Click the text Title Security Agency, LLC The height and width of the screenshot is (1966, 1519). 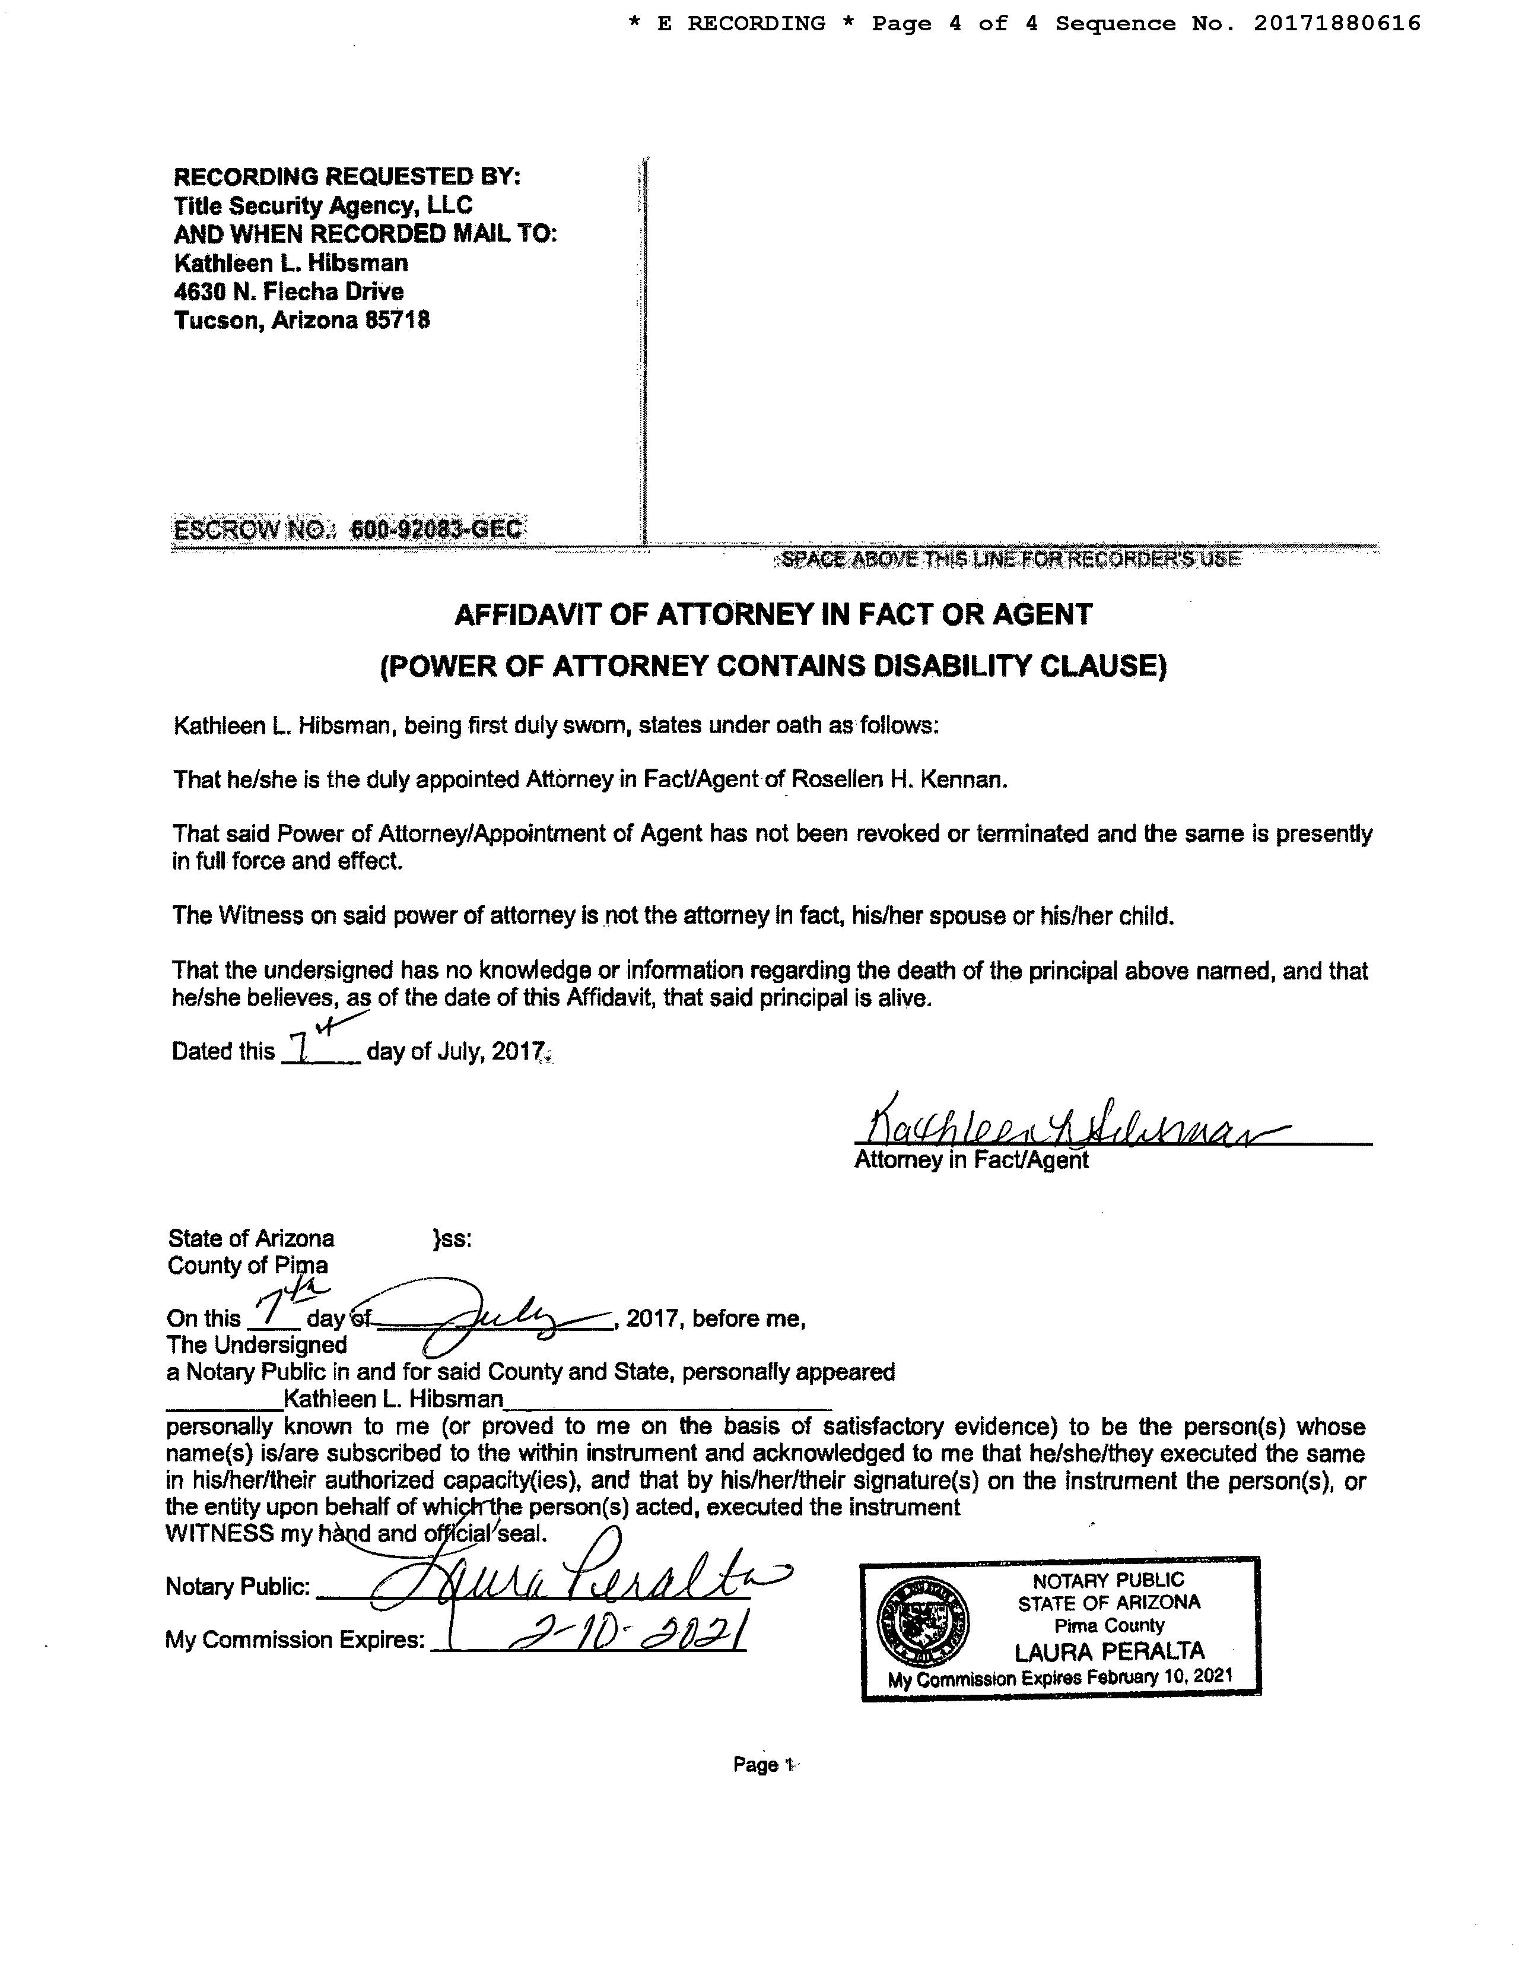click(323, 205)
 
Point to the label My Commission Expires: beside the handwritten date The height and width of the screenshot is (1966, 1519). click(294, 1640)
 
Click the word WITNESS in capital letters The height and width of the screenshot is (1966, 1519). click(220, 1534)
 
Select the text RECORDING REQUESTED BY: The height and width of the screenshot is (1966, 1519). click(347, 176)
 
